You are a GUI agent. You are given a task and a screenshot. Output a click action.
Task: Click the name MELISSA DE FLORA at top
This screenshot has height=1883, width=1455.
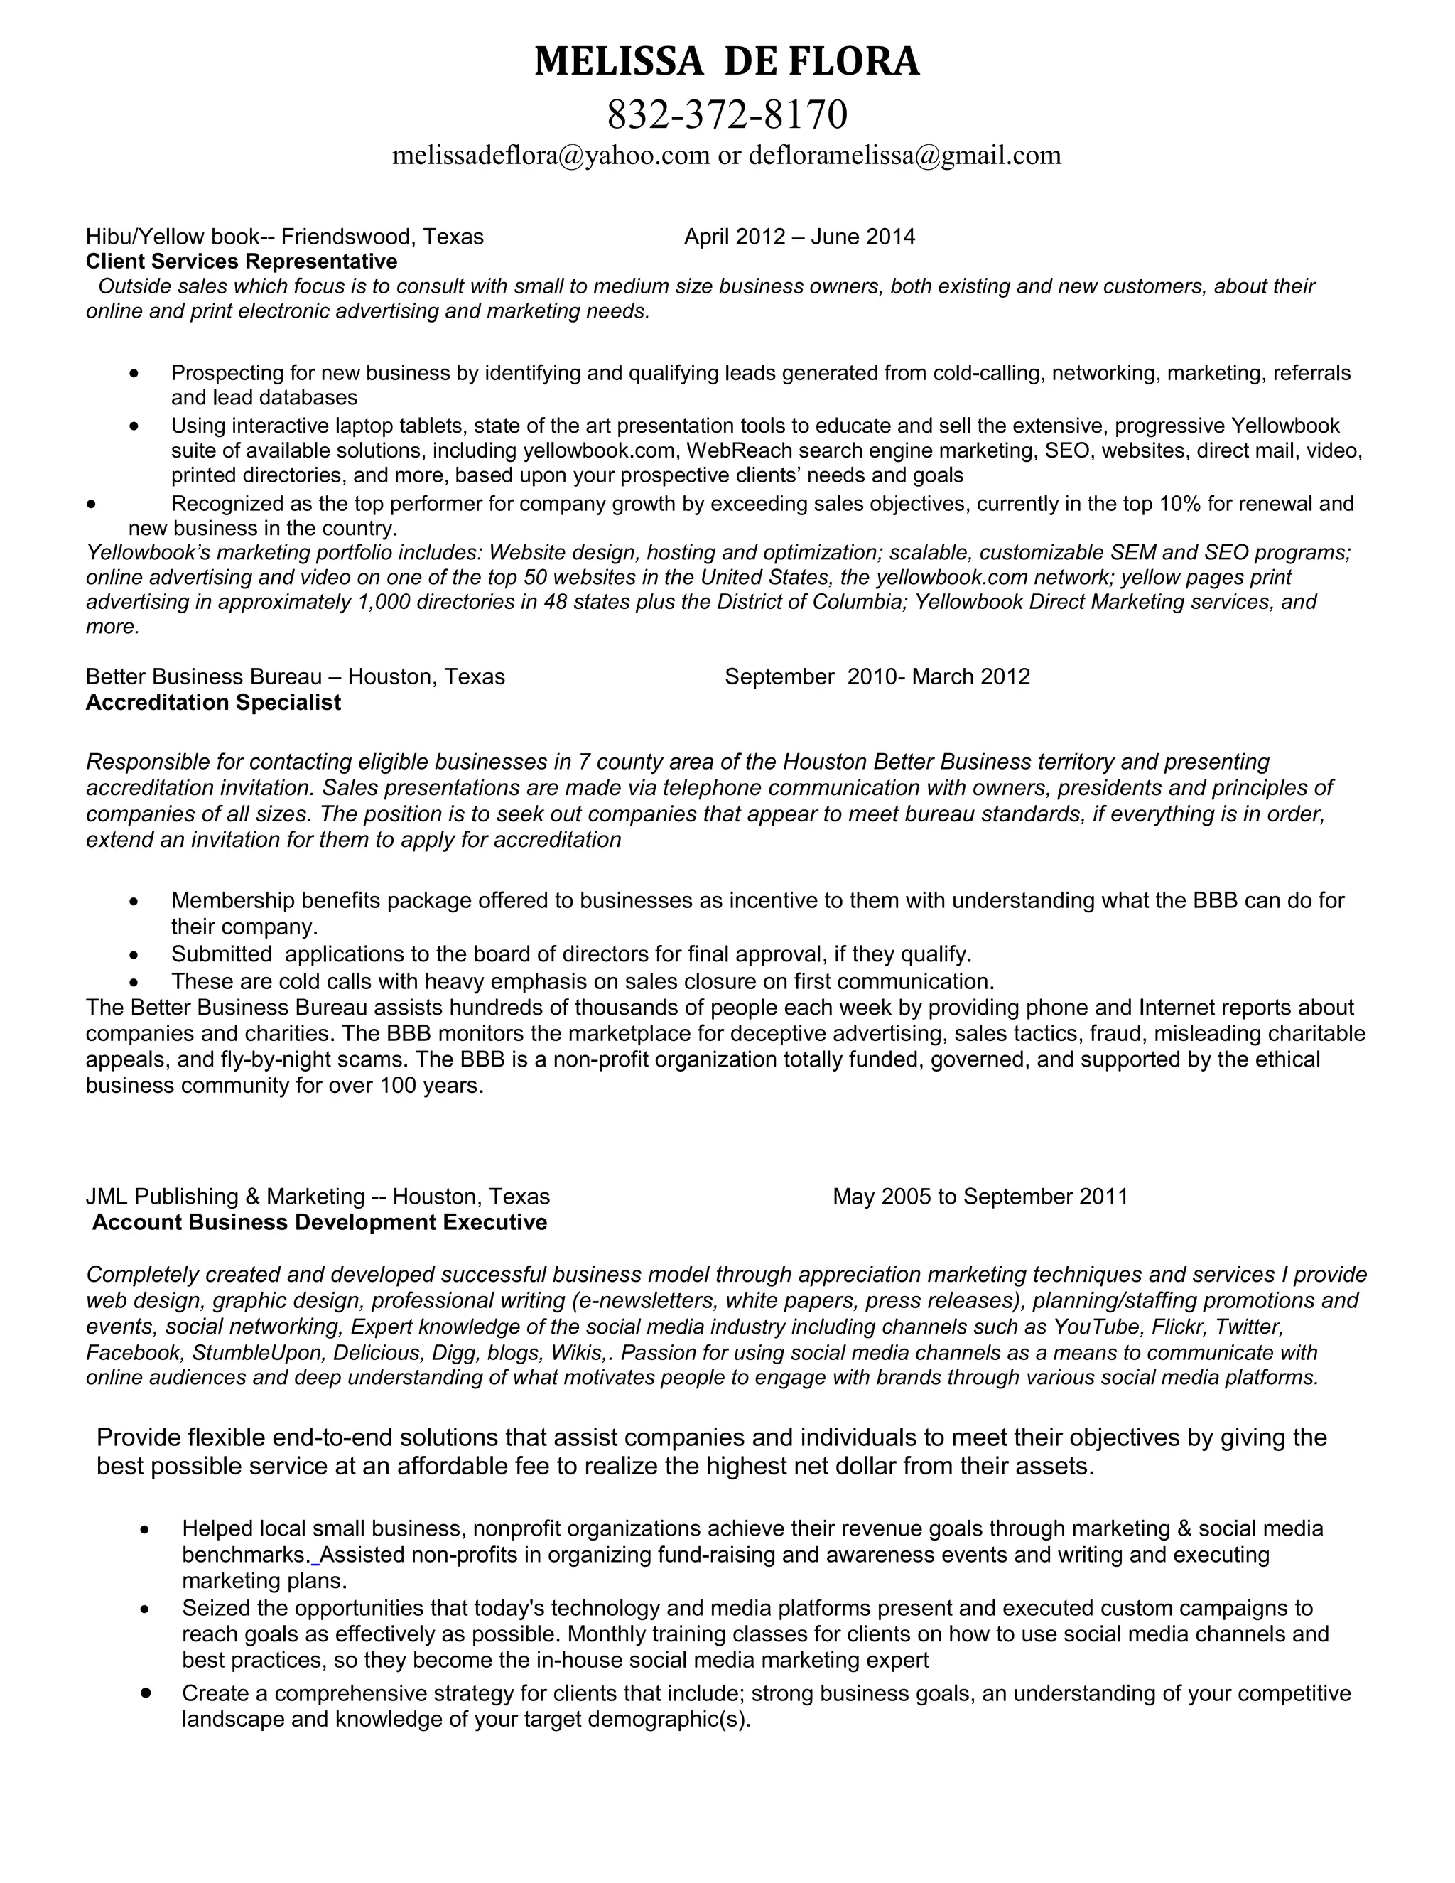click(x=727, y=62)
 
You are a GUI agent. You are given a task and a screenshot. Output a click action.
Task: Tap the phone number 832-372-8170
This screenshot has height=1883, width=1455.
click(x=727, y=114)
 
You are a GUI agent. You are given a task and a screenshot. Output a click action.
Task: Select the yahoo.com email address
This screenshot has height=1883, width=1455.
click(x=551, y=155)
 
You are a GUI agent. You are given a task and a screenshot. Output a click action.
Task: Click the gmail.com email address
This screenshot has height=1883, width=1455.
click(x=904, y=155)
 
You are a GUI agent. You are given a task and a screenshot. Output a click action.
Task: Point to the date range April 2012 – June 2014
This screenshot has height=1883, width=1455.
click(x=799, y=237)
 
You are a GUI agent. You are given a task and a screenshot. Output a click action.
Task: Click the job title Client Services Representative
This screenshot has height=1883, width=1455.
click(x=242, y=261)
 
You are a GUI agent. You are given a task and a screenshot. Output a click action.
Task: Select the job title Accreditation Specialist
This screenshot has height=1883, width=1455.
click(x=213, y=703)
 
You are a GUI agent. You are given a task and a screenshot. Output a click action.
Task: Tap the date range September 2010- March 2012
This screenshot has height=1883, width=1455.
click(x=877, y=676)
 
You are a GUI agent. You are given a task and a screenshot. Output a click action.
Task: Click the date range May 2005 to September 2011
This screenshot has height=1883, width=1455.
click(x=979, y=1197)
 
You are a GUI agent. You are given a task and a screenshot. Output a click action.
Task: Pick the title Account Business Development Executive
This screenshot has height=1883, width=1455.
click(x=319, y=1223)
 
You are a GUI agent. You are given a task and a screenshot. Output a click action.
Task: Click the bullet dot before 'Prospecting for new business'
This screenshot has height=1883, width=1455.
click(x=134, y=374)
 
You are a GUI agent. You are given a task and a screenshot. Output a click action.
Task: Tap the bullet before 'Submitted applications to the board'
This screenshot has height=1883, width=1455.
click(x=134, y=955)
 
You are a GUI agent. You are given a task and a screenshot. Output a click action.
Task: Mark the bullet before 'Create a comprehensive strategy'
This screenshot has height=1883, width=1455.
click(x=146, y=1693)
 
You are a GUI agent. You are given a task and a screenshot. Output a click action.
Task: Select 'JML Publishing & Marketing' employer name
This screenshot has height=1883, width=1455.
click(x=225, y=1197)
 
